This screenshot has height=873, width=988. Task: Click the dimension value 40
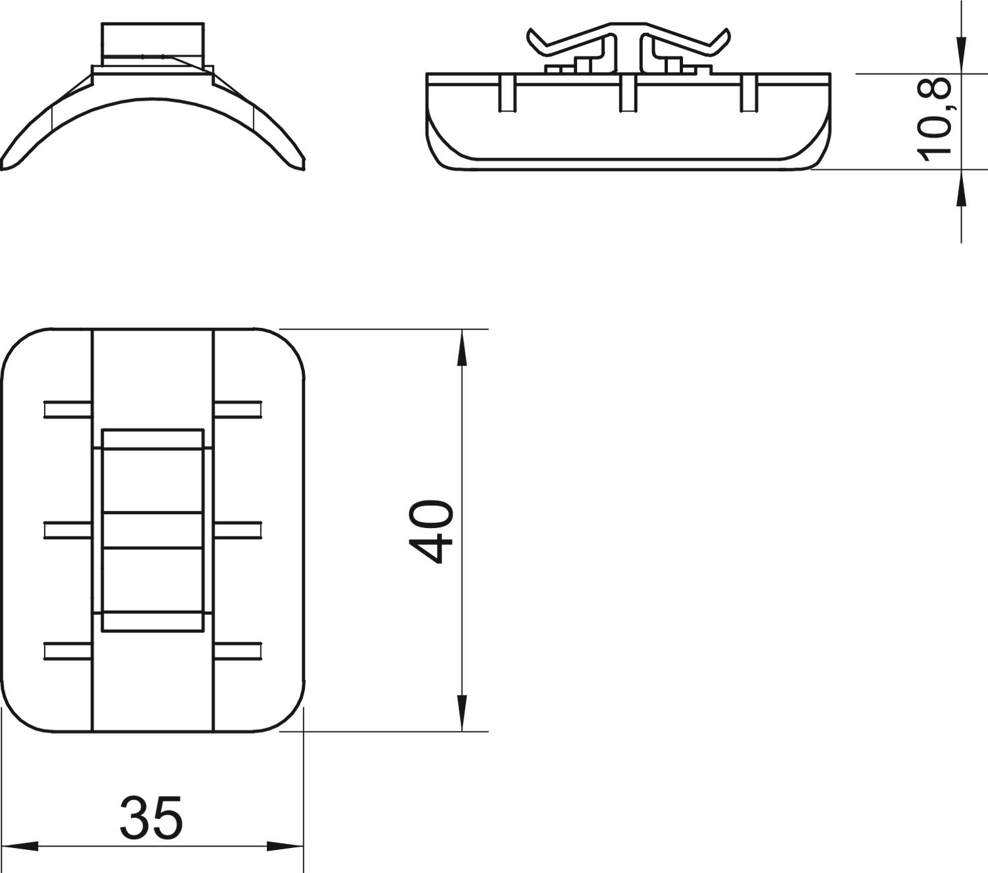(431, 531)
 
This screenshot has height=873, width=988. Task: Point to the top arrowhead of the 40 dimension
(462, 348)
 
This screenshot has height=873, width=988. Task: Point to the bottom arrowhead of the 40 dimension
(462, 714)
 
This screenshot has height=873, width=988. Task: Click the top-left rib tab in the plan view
(69, 410)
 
